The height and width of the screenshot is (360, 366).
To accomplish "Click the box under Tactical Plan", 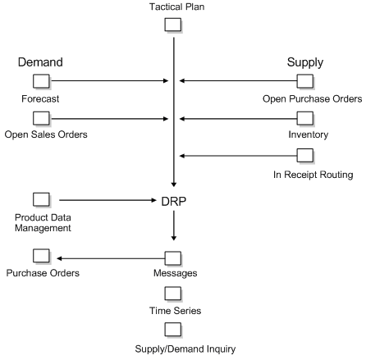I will [x=173, y=25].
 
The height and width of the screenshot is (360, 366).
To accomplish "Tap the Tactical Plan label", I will [x=173, y=7].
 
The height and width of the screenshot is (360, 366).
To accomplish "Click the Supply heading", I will [x=304, y=62].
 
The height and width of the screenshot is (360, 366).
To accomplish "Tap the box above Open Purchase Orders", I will [x=304, y=80].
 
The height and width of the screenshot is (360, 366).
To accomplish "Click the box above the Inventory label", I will [x=304, y=118].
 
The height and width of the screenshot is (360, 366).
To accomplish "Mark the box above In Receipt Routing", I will [x=304, y=155].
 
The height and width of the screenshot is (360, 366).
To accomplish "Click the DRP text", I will [x=173, y=200].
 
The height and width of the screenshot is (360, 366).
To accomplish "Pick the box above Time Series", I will [x=173, y=292].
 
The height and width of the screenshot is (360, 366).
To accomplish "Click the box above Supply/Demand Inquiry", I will [x=173, y=329].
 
